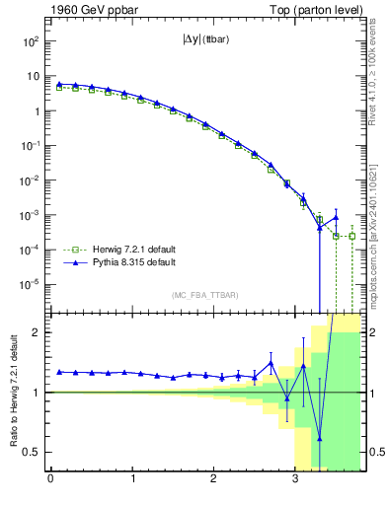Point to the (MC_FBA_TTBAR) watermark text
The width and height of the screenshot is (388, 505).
pyautogui.click(x=204, y=295)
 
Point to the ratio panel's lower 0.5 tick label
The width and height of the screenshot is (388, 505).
pyautogui.click(x=32, y=452)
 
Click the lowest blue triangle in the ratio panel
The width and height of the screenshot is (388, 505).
pyautogui.click(x=320, y=439)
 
